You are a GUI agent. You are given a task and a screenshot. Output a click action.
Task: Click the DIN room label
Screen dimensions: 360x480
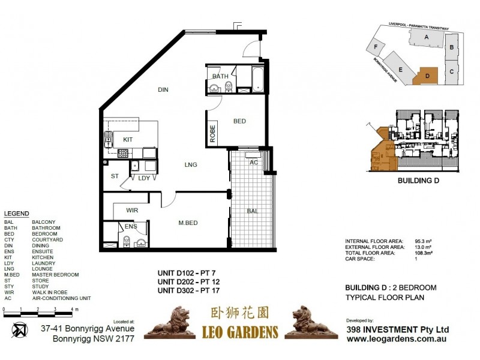click(x=163, y=90)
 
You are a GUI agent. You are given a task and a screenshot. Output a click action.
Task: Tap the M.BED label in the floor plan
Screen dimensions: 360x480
click(x=188, y=224)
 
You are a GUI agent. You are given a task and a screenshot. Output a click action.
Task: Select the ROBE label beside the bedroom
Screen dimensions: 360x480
click(x=212, y=132)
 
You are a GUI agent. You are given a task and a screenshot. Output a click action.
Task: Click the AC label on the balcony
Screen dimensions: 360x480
click(x=253, y=162)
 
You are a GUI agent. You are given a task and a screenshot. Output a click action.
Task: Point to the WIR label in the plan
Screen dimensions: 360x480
click(x=132, y=211)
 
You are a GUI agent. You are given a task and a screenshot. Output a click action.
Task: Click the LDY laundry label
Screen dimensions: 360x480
click(x=144, y=178)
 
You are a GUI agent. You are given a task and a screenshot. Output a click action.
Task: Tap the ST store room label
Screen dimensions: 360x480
click(x=115, y=176)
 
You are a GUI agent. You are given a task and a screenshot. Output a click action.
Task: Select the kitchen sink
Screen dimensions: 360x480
click(x=109, y=140)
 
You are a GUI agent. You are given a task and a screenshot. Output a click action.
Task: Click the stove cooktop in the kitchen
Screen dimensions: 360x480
click(x=124, y=153)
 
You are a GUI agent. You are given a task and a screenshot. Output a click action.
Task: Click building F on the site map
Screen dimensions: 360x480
click(x=376, y=47)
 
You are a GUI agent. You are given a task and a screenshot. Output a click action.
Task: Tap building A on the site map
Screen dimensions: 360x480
click(x=426, y=37)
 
